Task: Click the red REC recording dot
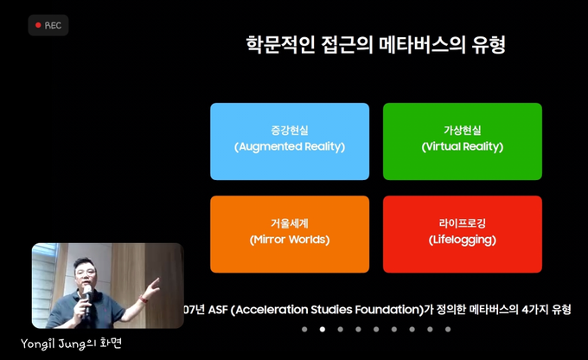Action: [x=38, y=25]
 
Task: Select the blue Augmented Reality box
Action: [x=290, y=142]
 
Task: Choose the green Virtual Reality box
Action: [x=463, y=142]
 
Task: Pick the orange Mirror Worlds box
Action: [x=290, y=235]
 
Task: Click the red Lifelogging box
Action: [x=463, y=235]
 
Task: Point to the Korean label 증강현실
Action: [x=290, y=131]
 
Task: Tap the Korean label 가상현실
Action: [x=463, y=131]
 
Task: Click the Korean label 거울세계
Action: [x=290, y=223]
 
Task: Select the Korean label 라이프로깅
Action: [x=463, y=223]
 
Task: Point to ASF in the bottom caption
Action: [x=218, y=310]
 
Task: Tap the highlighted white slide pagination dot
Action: [x=323, y=329]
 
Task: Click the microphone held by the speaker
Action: [x=87, y=297]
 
